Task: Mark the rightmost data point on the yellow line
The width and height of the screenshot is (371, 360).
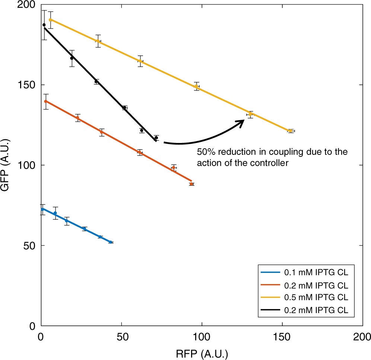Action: (x=290, y=131)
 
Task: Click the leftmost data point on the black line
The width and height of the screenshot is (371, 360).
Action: (x=44, y=25)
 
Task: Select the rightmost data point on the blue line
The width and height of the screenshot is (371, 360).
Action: (x=111, y=242)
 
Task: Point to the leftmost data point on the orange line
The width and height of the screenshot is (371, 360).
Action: (x=46, y=101)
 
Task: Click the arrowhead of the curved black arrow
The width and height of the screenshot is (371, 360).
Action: (x=241, y=122)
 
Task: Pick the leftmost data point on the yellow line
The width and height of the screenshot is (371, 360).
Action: (x=50, y=20)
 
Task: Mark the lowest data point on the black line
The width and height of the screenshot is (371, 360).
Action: (x=156, y=138)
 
